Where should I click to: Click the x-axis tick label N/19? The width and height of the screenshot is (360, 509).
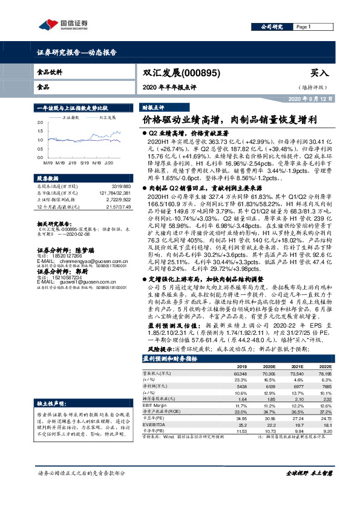95,163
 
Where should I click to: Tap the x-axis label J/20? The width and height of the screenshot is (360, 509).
109,163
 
